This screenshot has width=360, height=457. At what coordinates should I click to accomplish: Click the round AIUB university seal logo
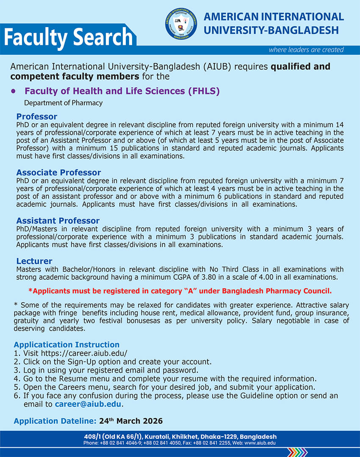181,25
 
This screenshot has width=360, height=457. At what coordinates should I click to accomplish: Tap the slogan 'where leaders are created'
306,50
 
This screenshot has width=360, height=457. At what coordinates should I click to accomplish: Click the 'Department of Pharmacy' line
63,103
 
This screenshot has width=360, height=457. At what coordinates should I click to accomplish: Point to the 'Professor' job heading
36,117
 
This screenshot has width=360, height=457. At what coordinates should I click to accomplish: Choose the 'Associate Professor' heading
58,173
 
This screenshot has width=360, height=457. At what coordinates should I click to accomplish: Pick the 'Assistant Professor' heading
58,221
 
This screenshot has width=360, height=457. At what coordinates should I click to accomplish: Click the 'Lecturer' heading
34,261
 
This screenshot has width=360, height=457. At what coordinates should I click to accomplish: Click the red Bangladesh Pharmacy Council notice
180,291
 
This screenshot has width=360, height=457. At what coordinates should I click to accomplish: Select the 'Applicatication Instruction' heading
66,345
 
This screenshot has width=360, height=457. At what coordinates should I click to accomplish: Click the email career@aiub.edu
88,404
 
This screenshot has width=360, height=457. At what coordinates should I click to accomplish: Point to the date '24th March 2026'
131,421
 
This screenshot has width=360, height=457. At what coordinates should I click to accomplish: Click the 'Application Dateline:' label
55,421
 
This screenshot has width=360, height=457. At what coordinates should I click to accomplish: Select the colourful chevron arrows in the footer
297,452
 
